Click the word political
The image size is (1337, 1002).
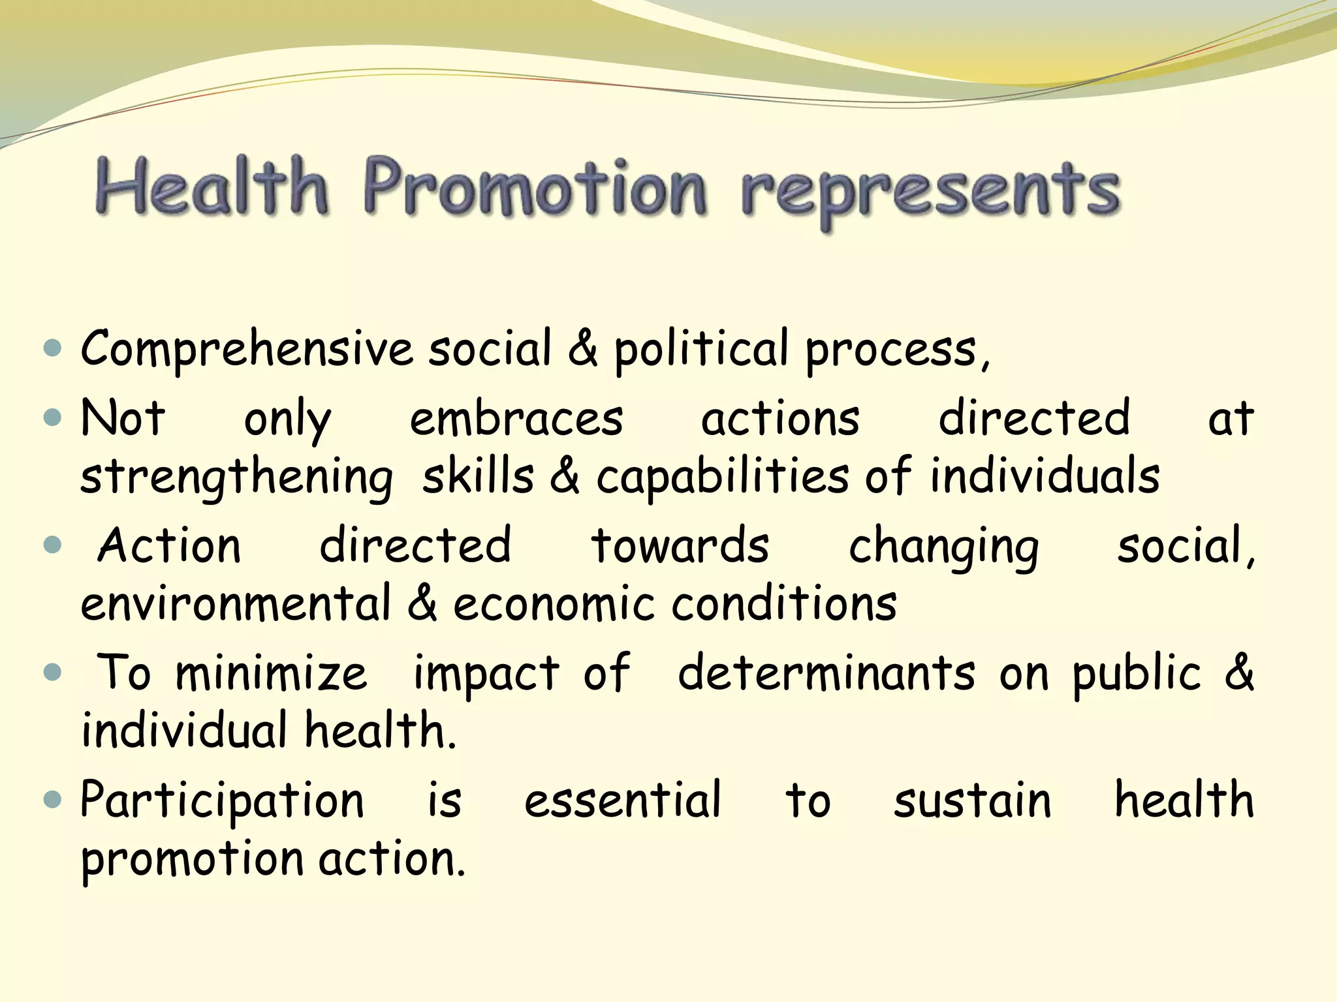pyautogui.click(x=701, y=349)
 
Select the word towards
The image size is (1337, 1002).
pyautogui.click(x=680, y=545)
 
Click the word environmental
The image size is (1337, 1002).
pyautogui.click(x=236, y=603)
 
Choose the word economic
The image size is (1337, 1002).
pyautogui.click(x=554, y=603)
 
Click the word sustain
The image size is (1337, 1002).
pyautogui.click(x=972, y=800)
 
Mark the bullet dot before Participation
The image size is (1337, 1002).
pyautogui.click(x=52, y=798)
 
